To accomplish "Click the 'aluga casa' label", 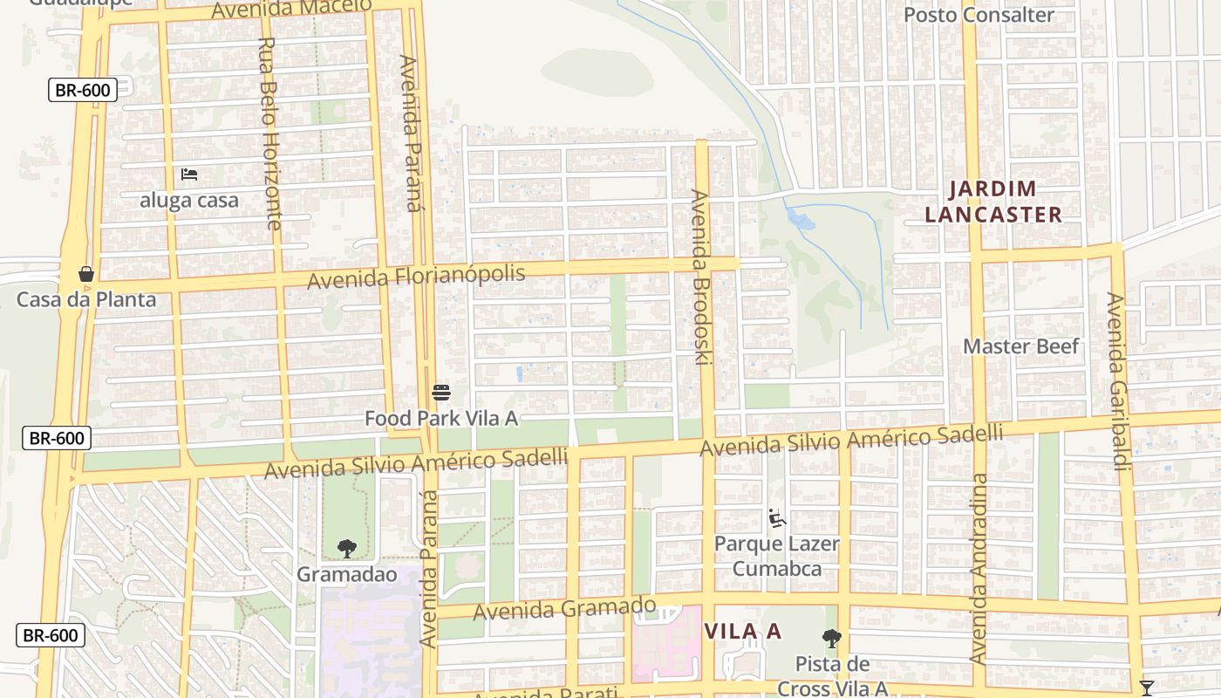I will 189,200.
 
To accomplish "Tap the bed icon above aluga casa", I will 189,174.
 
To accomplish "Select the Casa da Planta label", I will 86,299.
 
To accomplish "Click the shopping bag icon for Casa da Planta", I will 86,274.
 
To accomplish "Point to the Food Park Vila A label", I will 441,418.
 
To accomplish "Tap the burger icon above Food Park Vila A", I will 441,393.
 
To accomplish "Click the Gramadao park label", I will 347,574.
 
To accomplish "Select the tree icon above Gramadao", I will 347,549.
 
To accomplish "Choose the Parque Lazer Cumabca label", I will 777,556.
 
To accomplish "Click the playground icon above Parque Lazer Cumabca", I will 776,518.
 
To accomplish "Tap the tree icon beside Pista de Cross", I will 832,639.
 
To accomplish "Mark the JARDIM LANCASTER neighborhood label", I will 992,202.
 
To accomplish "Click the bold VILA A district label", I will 742,631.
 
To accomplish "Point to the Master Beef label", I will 1021,346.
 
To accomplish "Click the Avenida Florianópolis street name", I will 416,277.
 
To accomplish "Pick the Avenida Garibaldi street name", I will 1118,380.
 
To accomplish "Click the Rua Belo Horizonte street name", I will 270,133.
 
